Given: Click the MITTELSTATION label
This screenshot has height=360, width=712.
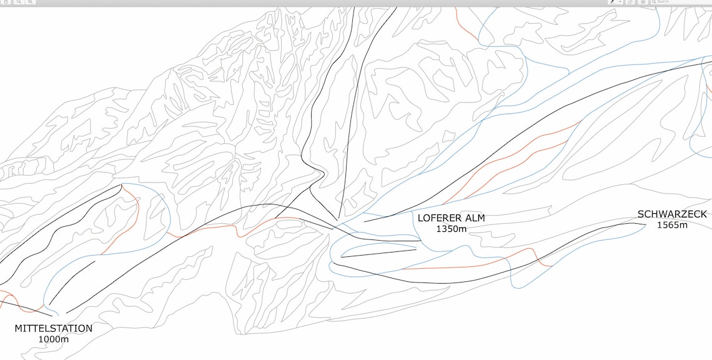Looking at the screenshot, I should click(53, 328).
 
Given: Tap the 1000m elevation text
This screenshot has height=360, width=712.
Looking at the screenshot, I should click(53, 339).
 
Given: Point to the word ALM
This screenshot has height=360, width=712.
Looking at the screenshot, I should click(474, 218).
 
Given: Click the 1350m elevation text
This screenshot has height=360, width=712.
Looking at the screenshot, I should click(451, 229).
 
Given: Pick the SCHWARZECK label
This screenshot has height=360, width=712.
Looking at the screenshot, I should click(672, 214).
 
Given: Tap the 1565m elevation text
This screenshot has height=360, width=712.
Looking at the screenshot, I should click(672, 225).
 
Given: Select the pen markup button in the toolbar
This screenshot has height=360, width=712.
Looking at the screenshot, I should click(613, 2).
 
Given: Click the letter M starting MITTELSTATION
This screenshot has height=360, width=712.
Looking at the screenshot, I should click(19, 328).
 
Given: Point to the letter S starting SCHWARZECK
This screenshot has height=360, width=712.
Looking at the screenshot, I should click(641, 214).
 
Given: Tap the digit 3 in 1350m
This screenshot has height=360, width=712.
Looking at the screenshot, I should click(444, 229).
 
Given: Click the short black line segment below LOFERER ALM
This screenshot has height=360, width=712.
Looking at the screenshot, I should click(378, 253).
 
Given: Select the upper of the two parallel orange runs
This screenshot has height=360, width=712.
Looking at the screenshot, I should click(525, 144).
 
